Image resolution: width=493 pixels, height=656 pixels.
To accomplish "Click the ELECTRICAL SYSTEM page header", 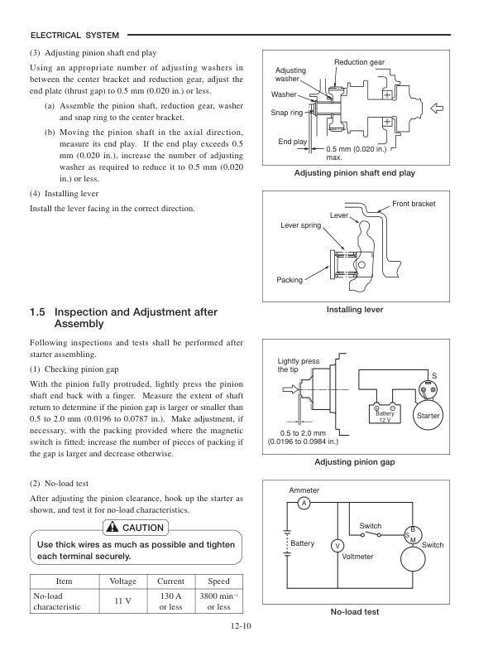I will coord(74,35).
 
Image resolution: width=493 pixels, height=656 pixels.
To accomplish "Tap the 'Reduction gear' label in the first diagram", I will coord(360,63).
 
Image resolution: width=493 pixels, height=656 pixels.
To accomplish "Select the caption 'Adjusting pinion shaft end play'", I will coord(355,173).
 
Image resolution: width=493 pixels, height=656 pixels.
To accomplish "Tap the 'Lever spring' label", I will coord(301,224).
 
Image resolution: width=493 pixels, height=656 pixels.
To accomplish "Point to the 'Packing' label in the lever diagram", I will coord(290,280).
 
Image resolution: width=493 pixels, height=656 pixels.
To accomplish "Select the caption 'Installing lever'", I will coord(355,310).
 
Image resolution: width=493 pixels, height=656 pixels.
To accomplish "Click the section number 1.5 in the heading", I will coord(36,312).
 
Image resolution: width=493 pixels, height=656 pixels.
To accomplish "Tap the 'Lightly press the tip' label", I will coord(298,366).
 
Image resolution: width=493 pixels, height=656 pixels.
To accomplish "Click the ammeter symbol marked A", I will coord(304,503).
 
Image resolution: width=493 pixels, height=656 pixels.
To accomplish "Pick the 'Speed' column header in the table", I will coord(218,581).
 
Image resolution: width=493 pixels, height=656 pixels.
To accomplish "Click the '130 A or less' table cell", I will coord(170,601).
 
